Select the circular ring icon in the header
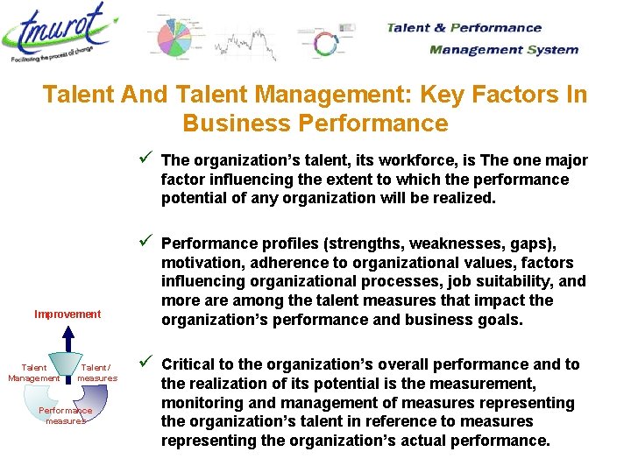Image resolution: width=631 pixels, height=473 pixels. pyautogui.click(x=325, y=44)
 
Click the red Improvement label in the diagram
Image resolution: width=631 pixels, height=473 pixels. pyautogui.click(x=67, y=314)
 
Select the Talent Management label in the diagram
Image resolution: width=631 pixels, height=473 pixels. pyautogui.click(x=33, y=373)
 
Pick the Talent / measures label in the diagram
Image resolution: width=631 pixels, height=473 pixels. pyautogui.click(x=96, y=373)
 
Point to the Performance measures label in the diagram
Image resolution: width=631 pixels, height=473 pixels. pyautogui.click(x=67, y=415)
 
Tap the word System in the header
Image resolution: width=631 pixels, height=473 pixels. pyautogui.click(x=553, y=50)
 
